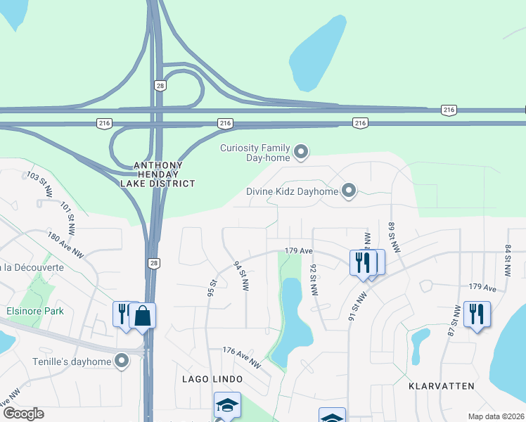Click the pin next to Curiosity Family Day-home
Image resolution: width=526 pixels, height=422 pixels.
click(x=301, y=152)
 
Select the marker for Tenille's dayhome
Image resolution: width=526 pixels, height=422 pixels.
click(x=122, y=362)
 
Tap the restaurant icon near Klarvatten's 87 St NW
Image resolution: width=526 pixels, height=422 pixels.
click(x=477, y=314)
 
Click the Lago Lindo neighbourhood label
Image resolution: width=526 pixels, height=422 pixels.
click(x=200, y=379)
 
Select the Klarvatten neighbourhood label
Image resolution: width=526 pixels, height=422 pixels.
click(x=442, y=386)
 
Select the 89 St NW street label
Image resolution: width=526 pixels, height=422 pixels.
click(x=393, y=237)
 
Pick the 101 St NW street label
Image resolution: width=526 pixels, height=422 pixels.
click(x=68, y=219)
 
